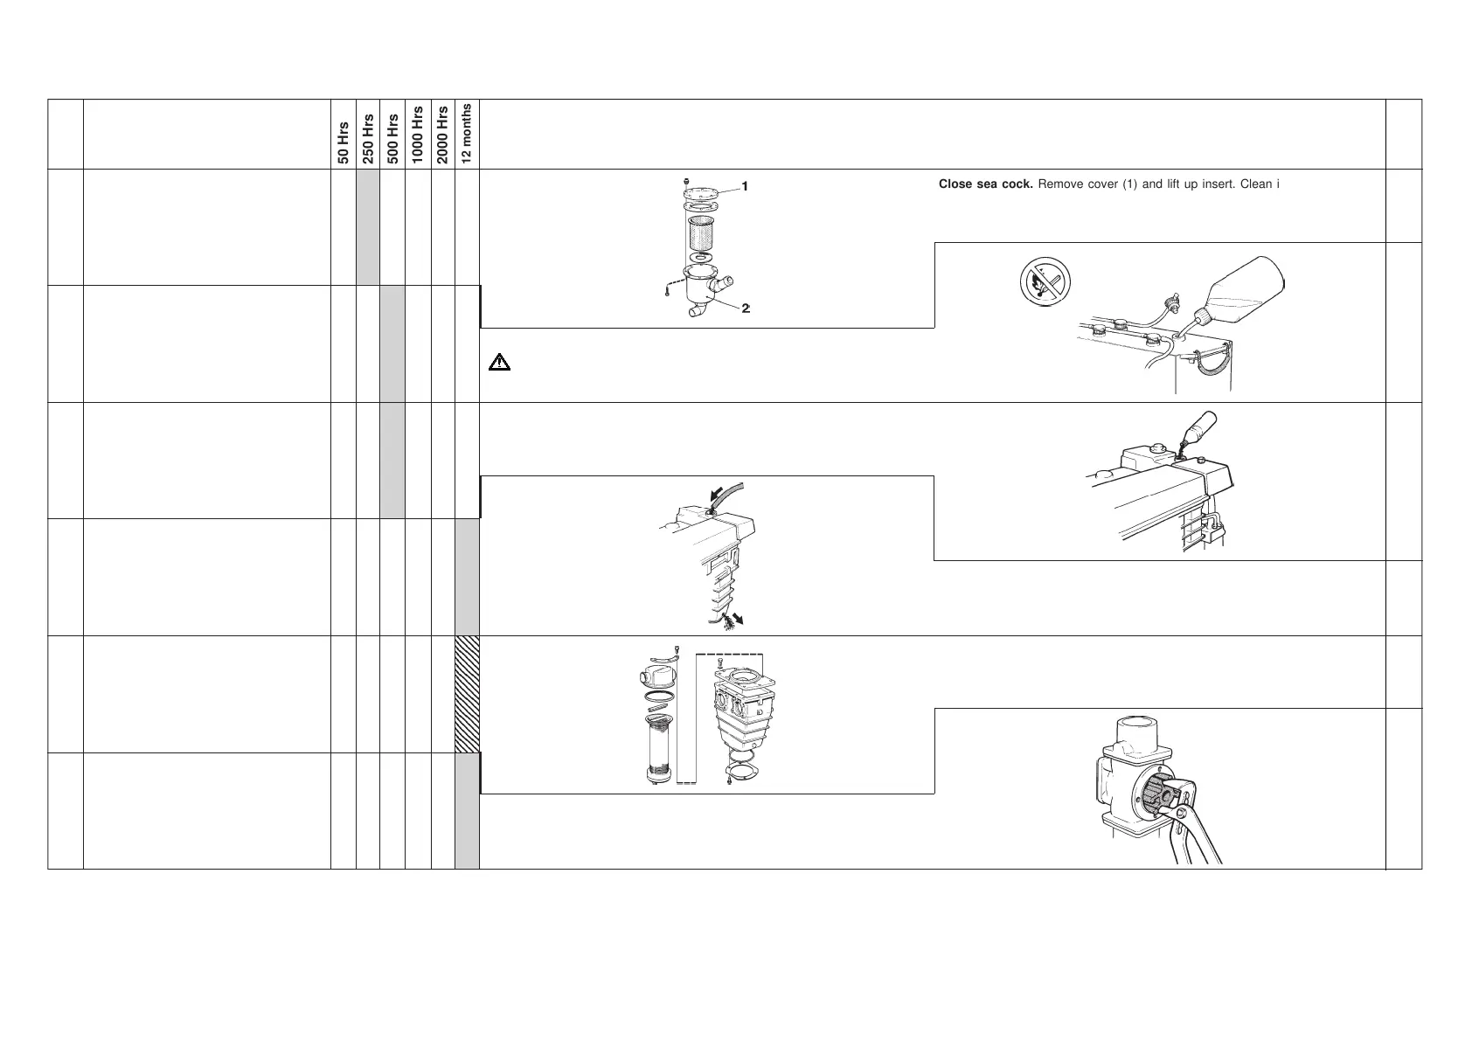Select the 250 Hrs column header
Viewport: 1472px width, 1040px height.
coord(369,139)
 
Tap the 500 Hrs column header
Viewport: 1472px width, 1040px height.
coord(393,139)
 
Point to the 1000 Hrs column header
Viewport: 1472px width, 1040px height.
coord(418,135)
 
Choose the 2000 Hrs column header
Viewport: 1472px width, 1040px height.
coord(443,135)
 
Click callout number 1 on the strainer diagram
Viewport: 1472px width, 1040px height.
coord(745,186)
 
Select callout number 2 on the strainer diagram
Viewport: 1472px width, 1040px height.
coord(746,308)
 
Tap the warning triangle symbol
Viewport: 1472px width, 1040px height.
coord(498,362)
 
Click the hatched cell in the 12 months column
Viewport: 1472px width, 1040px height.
coord(468,694)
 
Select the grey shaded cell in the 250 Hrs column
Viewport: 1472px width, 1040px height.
coord(369,226)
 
